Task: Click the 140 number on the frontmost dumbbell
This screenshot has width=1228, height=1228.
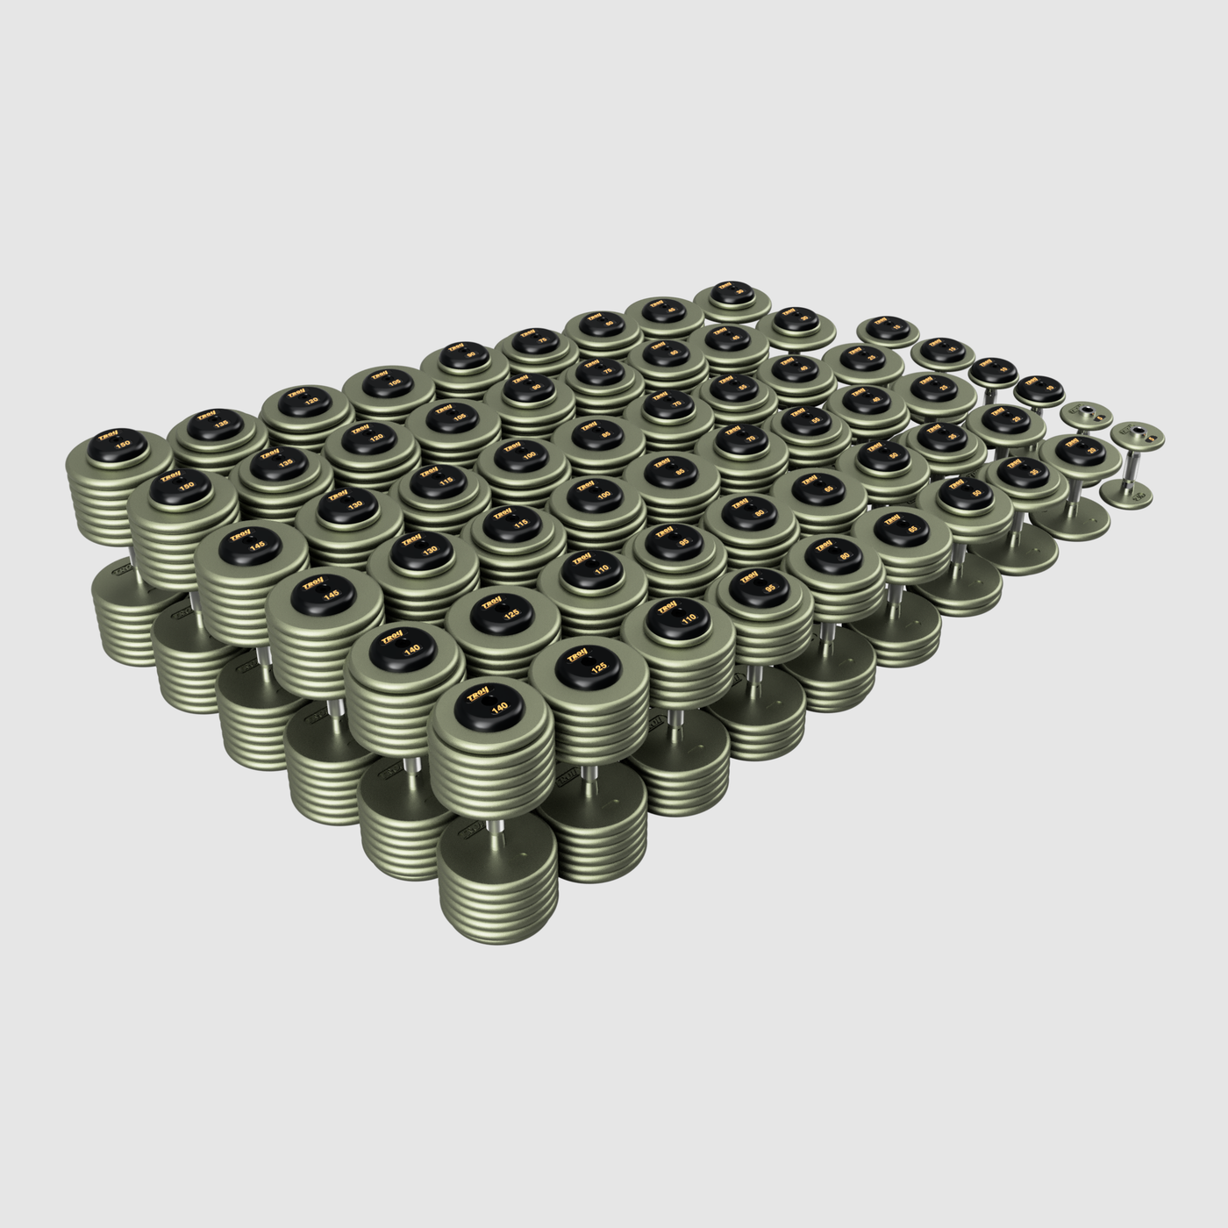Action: coord(499,709)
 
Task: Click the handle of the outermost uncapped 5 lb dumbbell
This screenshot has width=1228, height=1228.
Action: coord(1132,468)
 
